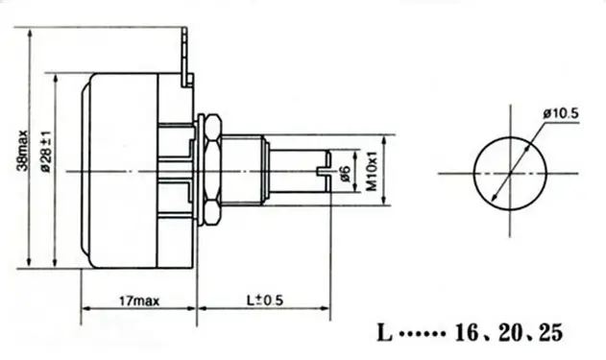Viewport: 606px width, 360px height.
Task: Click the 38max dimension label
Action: tap(22, 151)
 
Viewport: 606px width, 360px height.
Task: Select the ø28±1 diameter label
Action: tap(46, 151)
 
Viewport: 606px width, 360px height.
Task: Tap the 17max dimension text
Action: tap(139, 300)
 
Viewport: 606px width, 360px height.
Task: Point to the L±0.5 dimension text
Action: tap(265, 300)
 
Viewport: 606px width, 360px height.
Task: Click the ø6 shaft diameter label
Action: tap(345, 174)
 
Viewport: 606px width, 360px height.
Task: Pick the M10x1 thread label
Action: tap(372, 172)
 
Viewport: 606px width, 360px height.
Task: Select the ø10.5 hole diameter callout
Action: tap(561, 114)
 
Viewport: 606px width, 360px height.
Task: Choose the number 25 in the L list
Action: tap(550, 332)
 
